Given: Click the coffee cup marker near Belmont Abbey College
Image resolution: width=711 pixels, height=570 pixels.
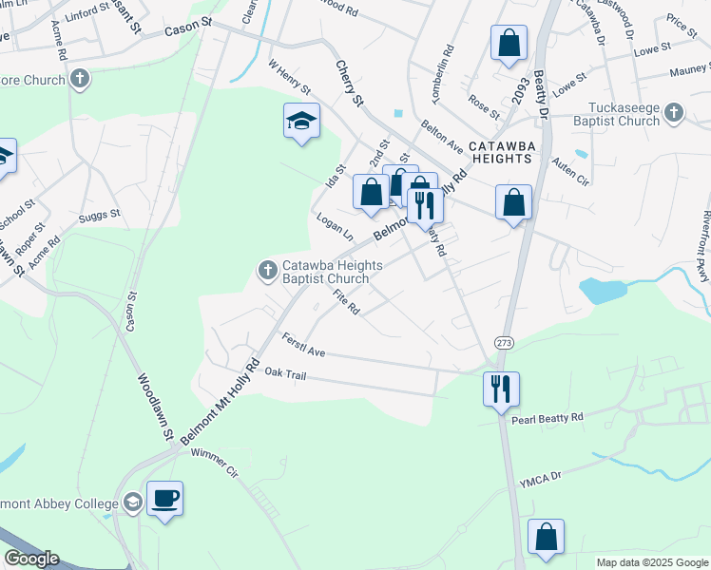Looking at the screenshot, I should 165,499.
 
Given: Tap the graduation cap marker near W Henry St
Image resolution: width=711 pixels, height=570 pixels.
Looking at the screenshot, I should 301,122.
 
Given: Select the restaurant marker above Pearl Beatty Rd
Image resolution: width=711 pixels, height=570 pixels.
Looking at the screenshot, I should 501,389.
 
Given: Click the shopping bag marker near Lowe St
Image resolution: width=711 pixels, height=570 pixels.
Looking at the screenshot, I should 509,44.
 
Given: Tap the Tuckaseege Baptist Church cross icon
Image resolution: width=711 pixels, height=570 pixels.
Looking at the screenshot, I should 674,113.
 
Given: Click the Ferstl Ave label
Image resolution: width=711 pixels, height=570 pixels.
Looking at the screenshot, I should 304,346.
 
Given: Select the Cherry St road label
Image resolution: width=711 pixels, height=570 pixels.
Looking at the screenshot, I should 350,83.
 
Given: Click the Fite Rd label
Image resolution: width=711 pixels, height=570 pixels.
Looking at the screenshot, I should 346,303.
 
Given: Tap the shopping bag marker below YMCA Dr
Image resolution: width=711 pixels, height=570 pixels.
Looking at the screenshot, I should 547,537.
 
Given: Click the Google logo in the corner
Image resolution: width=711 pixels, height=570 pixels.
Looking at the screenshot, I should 31,559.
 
